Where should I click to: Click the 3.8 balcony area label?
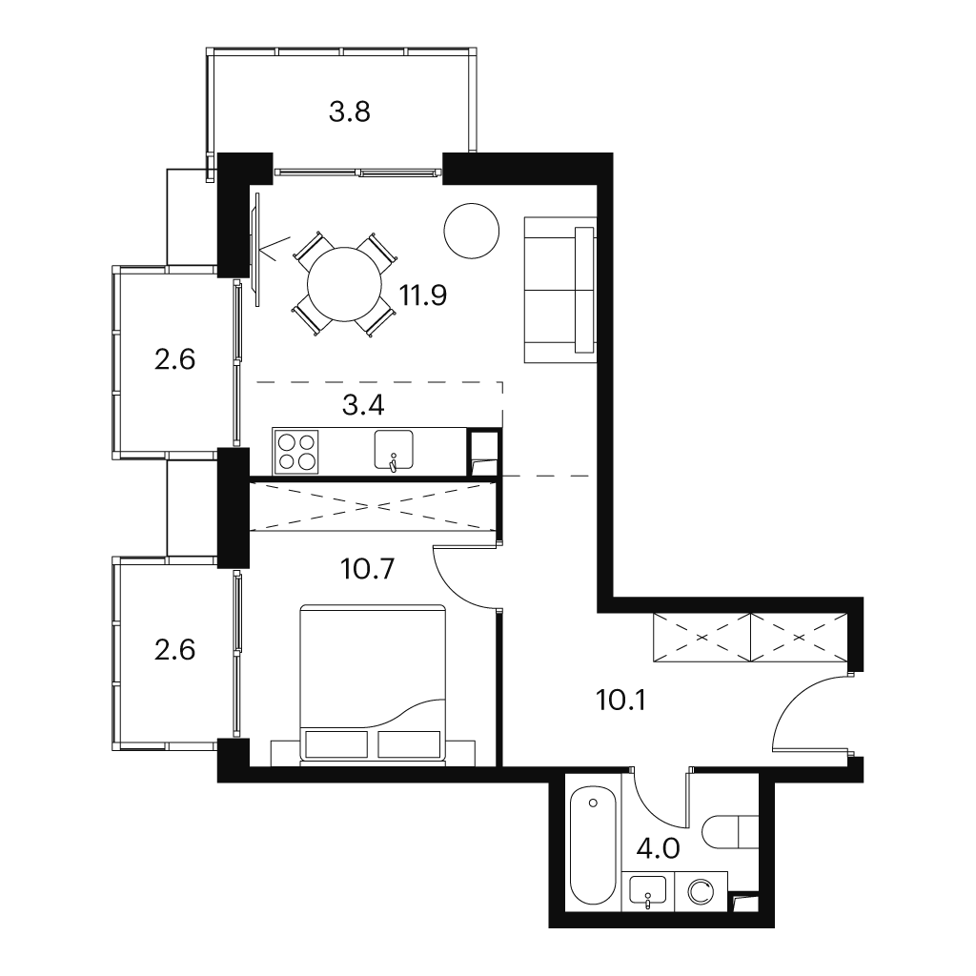(350, 112)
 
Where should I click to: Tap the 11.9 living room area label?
(422, 295)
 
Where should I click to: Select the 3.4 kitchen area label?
(363, 405)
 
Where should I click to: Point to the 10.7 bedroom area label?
(368, 569)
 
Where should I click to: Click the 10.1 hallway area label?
(621, 701)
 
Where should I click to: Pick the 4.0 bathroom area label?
(659, 848)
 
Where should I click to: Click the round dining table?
(344, 284)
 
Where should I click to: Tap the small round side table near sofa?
(472, 231)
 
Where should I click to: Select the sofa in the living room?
(560, 290)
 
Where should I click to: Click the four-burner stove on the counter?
(296, 452)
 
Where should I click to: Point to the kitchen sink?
(394, 450)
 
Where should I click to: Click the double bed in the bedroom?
(374, 682)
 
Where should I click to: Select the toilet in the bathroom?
(730, 832)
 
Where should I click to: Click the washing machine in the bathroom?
(701, 892)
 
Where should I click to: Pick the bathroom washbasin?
(647, 890)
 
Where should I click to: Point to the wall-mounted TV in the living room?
(255, 249)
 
